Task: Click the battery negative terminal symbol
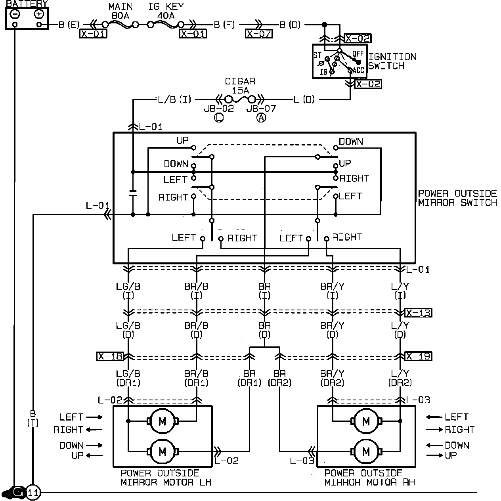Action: (15, 14)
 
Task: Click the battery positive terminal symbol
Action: (39, 14)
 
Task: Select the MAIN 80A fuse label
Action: (120, 11)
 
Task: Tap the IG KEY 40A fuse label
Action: (166, 11)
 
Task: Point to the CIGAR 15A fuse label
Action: (240, 86)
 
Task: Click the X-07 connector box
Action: (259, 34)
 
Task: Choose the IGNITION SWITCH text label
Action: (392, 61)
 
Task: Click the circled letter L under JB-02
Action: (218, 118)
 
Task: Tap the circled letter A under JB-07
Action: (261, 118)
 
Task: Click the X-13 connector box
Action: (418, 313)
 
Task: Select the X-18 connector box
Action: (110, 356)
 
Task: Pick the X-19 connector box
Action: (418, 356)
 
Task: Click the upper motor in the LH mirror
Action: (162, 421)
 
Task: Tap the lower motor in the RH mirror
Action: (366, 451)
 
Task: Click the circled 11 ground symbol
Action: (33, 492)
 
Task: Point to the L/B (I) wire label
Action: (174, 99)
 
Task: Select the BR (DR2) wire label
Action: (280, 378)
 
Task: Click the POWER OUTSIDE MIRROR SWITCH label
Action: (457, 198)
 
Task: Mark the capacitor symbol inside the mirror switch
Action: (133, 193)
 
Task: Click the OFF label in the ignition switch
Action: (358, 54)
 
